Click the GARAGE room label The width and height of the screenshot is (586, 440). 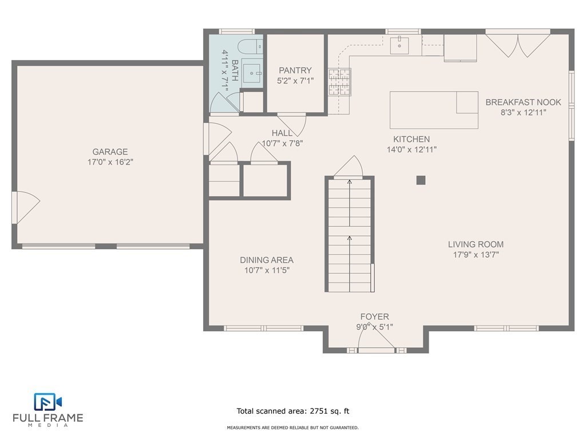click(110, 151)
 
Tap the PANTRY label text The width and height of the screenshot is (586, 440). click(295, 70)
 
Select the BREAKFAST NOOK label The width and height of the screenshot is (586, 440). click(523, 102)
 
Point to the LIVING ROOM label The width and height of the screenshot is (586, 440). click(476, 244)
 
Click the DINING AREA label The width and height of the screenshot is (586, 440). click(267, 260)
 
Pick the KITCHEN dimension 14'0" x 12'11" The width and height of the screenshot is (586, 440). click(411, 150)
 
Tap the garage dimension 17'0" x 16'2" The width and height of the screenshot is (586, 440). click(110, 162)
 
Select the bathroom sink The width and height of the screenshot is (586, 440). click(252, 73)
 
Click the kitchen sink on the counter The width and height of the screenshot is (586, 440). click(399, 45)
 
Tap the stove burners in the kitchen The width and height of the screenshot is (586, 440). click(339, 81)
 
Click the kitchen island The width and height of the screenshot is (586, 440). click(434, 110)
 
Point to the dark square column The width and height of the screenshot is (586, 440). click(421, 180)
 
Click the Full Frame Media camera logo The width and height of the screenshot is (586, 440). click(47, 402)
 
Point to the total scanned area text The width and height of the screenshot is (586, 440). click(293, 411)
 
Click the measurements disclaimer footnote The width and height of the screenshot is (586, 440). click(292, 427)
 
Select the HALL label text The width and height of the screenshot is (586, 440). click(282, 133)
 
